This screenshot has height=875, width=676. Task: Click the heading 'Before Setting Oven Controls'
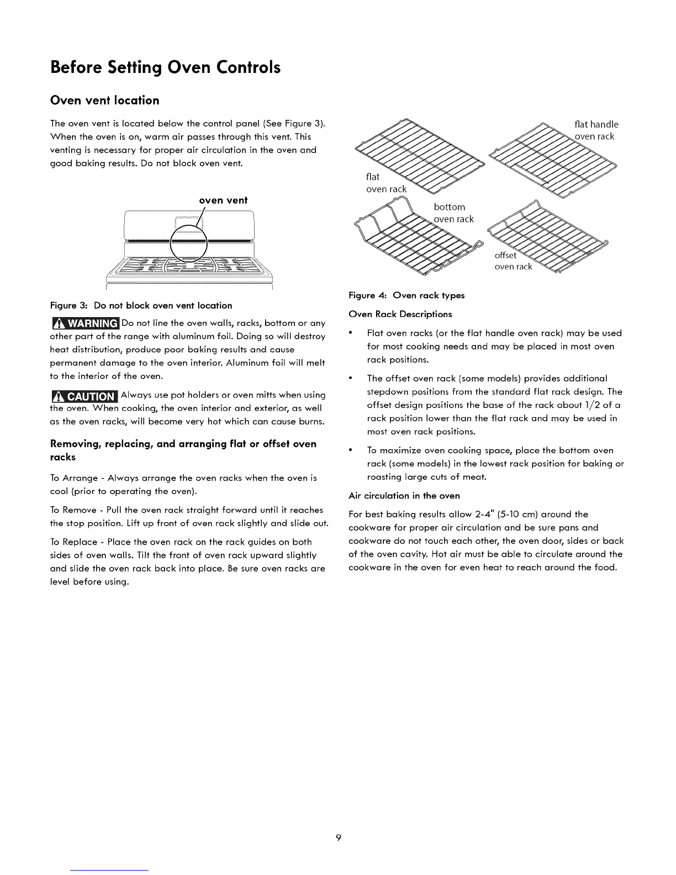click(x=165, y=67)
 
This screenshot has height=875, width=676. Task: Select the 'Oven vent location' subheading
click(x=104, y=100)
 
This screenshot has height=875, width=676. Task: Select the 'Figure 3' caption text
click(x=141, y=305)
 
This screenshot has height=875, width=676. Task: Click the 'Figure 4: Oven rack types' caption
click(x=407, y=296)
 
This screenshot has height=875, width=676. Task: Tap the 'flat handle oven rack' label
click(x=595, y=130)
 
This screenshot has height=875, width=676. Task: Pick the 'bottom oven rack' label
click(x=453, y=213)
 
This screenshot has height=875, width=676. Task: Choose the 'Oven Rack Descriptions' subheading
click(x=400, y=314)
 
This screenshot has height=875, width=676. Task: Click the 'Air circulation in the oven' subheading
click(x=404, y=495)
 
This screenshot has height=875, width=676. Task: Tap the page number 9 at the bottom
click(x=339, y=838)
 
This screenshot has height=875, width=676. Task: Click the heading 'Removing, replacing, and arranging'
click(x=183, y=444)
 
